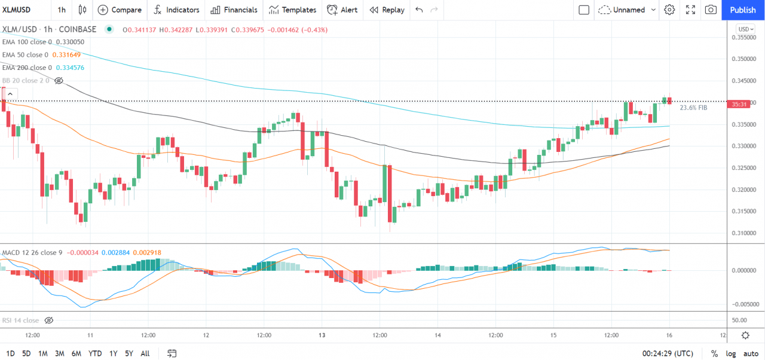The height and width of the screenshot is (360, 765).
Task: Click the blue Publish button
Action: click(743, 10)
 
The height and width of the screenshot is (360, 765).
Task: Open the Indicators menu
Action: click(176, 10)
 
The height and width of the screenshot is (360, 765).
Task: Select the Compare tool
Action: click(120, 10)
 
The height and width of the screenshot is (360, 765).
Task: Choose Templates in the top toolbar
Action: click(292, 10)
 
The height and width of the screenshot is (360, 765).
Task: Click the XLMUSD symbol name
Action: click(17, 10)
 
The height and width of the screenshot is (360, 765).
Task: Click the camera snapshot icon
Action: click(711, 10)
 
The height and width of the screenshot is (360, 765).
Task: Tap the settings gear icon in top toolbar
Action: click(669, 10)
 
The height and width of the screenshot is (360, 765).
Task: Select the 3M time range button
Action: click(60, 353)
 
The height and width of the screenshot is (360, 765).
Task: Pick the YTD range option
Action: click(95, 353)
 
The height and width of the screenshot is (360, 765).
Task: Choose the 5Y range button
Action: click(128, 353)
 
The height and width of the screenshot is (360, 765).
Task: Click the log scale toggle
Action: click(731, 353)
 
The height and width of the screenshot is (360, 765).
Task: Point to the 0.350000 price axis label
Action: click(743, 59)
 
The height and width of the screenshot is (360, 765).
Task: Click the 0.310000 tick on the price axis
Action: click(743, 233)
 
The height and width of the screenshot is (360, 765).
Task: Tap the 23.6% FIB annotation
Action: click(693, 108)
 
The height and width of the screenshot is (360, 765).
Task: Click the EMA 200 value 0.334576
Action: click(70, 68)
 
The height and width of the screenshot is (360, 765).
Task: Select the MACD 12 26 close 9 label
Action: click(32, 253)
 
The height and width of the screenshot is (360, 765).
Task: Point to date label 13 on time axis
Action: click(322, 335)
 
